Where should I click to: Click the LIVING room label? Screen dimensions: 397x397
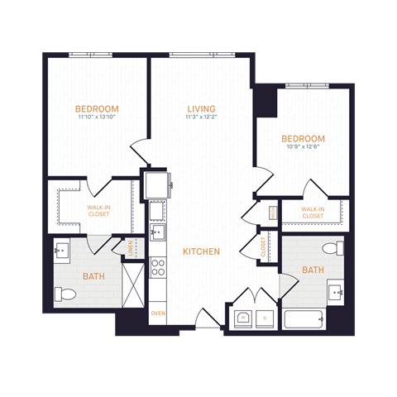point(202,108)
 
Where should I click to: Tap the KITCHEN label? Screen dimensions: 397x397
point(202,251)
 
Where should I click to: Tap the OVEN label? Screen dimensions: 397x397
point(157,313)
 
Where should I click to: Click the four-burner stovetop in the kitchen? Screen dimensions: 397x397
point(157,266)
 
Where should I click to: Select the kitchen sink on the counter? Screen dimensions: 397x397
point(157,231)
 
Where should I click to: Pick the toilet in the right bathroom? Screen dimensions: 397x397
point(333,248)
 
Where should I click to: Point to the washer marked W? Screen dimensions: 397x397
point(244,318)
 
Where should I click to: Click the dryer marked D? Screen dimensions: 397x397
point(265,318)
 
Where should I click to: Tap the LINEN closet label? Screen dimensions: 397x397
point(129,246)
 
